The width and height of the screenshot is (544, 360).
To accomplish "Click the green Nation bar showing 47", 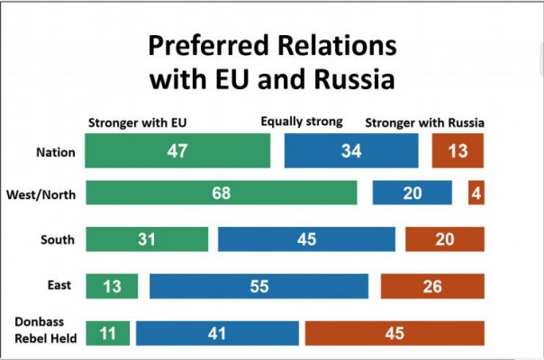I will (177, 151).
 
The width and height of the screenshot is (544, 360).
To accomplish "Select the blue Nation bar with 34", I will (351, 151).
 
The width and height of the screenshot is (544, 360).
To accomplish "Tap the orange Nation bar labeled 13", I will (458, 151).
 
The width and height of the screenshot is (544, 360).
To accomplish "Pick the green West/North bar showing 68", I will (221, 193).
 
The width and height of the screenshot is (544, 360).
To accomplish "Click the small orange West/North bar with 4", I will (476, 193).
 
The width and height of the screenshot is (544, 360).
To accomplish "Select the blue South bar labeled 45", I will (306, 239).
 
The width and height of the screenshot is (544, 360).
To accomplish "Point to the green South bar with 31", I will (146, 239).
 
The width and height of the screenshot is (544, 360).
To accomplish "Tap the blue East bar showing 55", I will (258, 286).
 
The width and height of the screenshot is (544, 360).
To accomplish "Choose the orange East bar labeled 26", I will (432, 286).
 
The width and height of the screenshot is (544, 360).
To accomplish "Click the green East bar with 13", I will (112, 286).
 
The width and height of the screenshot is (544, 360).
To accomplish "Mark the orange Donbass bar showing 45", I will (394, 332).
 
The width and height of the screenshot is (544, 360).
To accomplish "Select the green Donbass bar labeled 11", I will (108, 332).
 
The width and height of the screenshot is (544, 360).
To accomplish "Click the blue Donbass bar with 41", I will (217, 332).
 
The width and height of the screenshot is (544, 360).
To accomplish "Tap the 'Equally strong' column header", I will (302, 122).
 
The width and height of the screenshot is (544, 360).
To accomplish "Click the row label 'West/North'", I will (41, 193).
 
